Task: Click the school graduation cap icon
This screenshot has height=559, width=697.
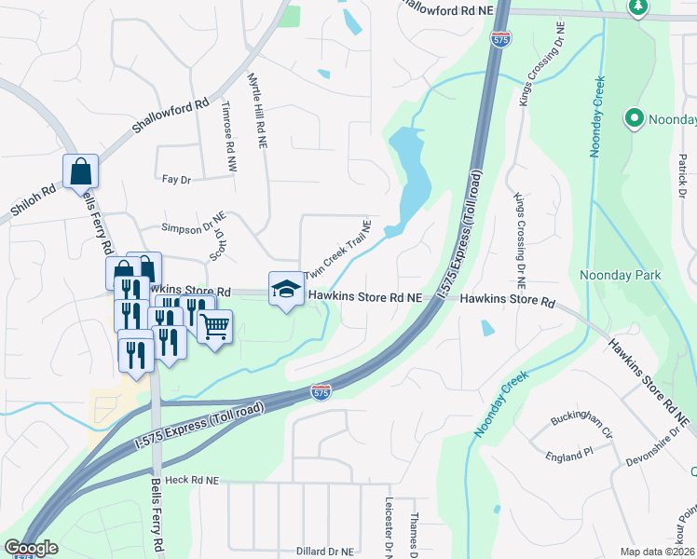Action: (x=286, y=289)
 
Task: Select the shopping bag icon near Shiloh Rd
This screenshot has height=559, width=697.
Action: (x=80, y=171)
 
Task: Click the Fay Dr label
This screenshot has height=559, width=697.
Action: (x=176, y=178)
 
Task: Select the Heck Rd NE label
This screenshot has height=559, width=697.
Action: (x=192, y=480)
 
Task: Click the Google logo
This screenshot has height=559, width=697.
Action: (x=32, y=547)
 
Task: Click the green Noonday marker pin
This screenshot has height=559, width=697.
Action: (x=635, y=118)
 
